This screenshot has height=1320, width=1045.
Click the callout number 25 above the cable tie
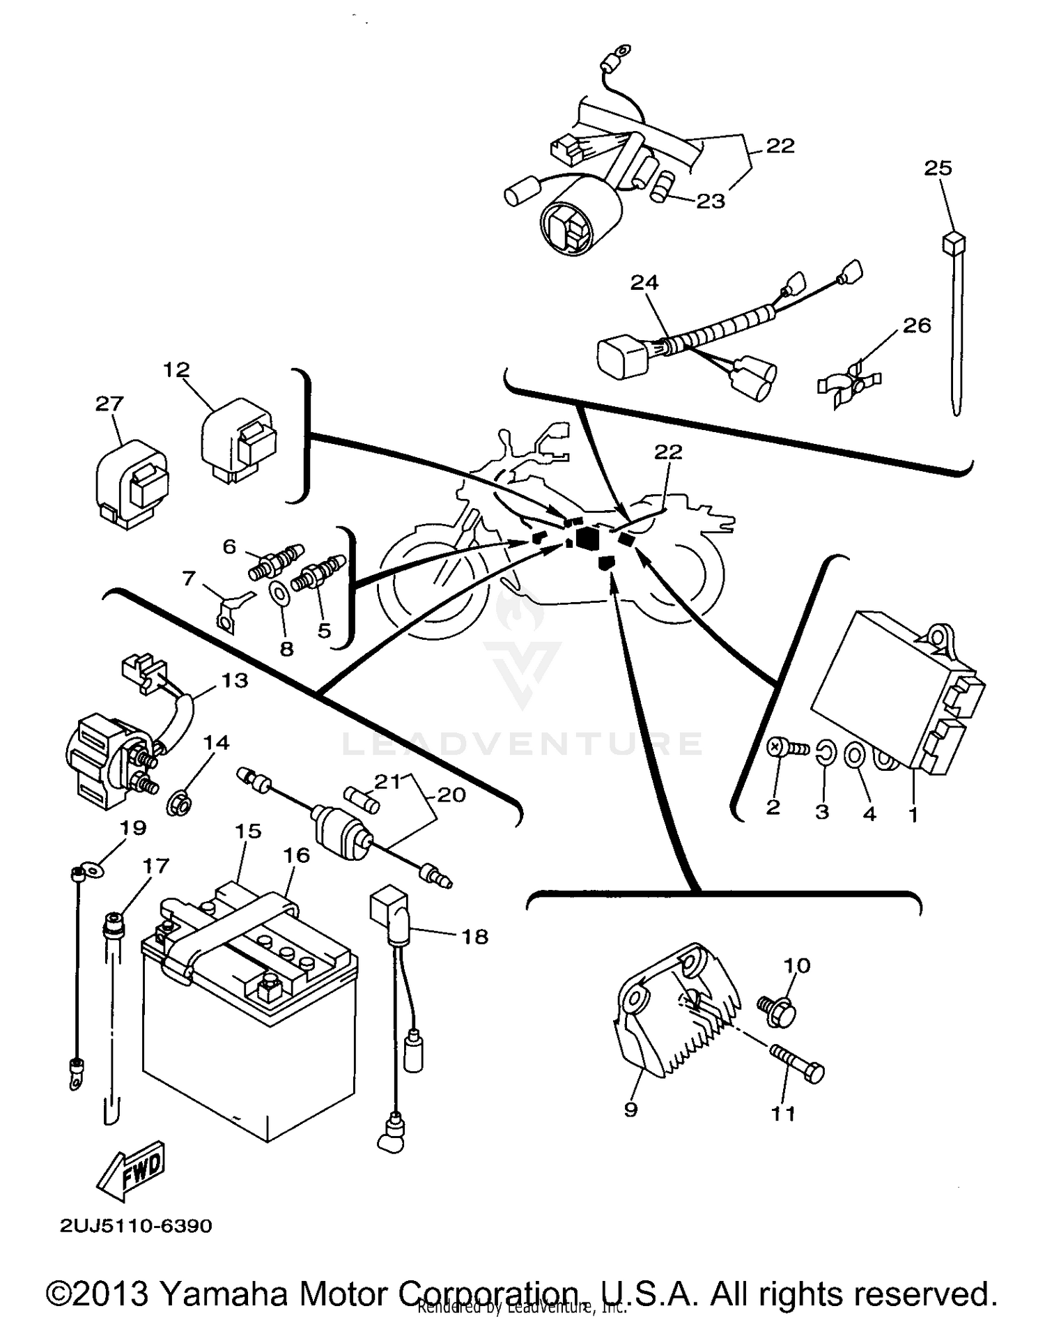[x=938, y=168]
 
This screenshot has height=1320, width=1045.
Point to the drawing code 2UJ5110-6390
[x=136, y=1226]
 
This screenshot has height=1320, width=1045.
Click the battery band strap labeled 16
[x=230, y=930]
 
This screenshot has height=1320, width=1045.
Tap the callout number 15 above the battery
[x=248, y=831]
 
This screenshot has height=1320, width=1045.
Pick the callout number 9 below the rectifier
[x=630, y=1109]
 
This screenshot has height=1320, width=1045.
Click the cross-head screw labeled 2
[x=783, y=749]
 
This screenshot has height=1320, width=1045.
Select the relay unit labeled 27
[x=131, y=483]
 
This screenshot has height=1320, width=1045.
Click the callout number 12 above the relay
[x=176, y=369]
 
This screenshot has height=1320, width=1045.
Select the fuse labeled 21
[x=362, y=800]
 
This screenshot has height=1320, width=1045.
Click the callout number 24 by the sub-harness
[x=644, y=283]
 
